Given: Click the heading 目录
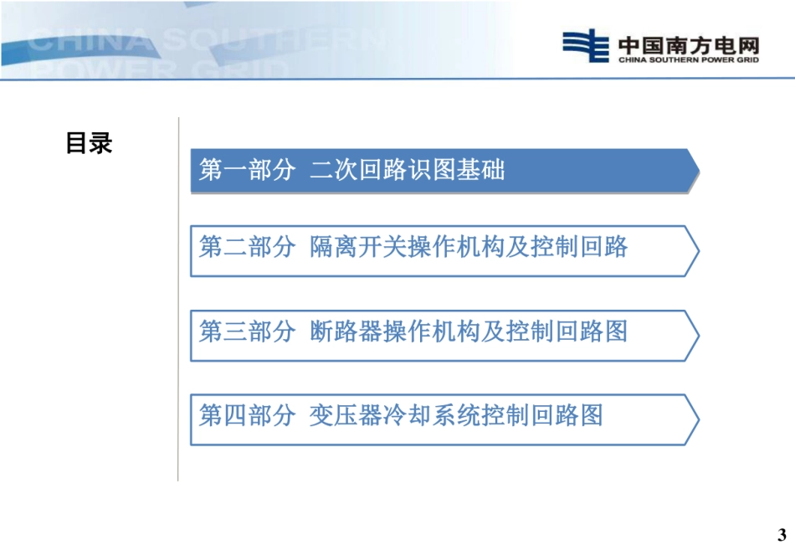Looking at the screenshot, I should [x=89, y=144].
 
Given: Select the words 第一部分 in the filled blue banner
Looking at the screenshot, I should [x=248, y=171].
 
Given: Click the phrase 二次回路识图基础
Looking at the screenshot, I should [x=408, y=171].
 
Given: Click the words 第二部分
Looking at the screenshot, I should [x=248, y=247].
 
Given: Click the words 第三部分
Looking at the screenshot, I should [x=248, y=332].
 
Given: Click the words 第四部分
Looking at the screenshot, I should [x=248, y=416].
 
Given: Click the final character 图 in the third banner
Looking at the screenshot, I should [x=617, y=332].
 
